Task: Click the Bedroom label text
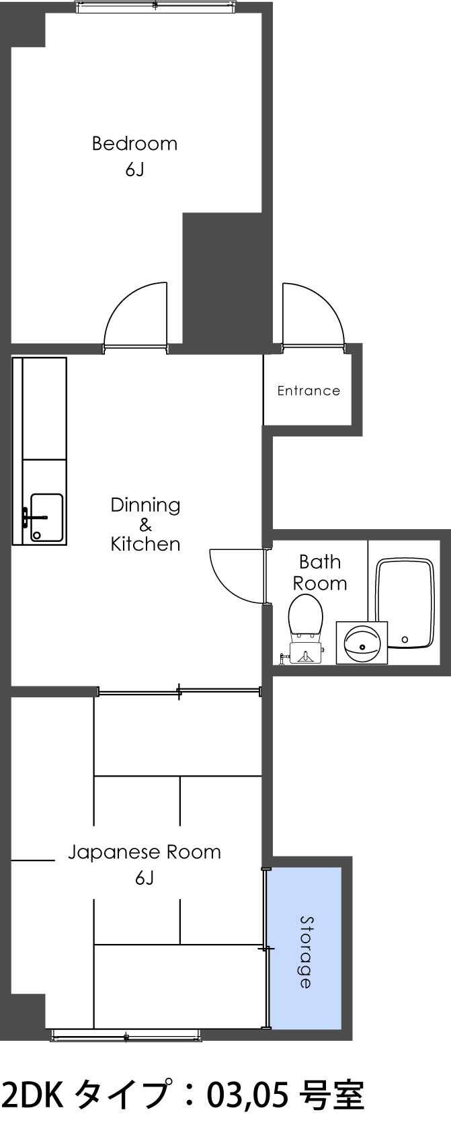tap(134, 143)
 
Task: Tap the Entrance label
tap(309, 391)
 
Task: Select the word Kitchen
tap(145, 544)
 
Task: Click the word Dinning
tap(145, 505)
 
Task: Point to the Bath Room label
tap(320, 572)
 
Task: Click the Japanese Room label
tap(144, 853)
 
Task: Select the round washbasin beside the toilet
tap(362, 642)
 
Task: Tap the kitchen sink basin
tap(46, 518)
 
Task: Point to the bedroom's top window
tap(155, 7)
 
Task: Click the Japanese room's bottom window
tap(126, 1035)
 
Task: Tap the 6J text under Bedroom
tap(134, 170)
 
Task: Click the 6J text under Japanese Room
tap(144, 878)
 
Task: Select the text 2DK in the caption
tap(32, 1114)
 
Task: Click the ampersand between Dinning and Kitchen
tap(145, 525)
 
